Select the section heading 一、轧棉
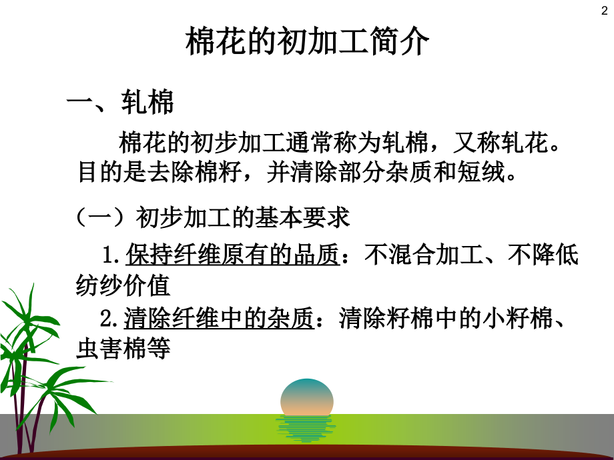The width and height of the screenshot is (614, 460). point(121,103)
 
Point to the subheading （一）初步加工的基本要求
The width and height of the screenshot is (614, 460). point(214,217)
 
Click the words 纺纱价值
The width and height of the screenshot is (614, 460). point(125,285)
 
